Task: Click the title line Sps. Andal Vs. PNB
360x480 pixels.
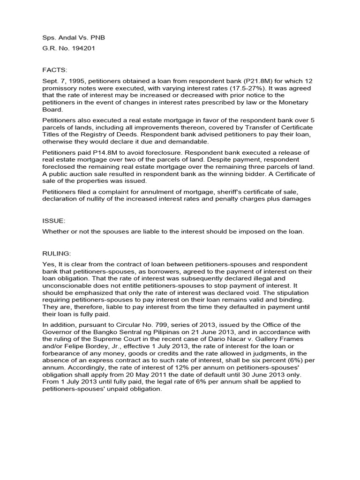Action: (70, 38)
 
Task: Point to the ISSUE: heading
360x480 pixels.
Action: (54, 220)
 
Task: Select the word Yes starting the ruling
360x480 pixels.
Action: (49, 264)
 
